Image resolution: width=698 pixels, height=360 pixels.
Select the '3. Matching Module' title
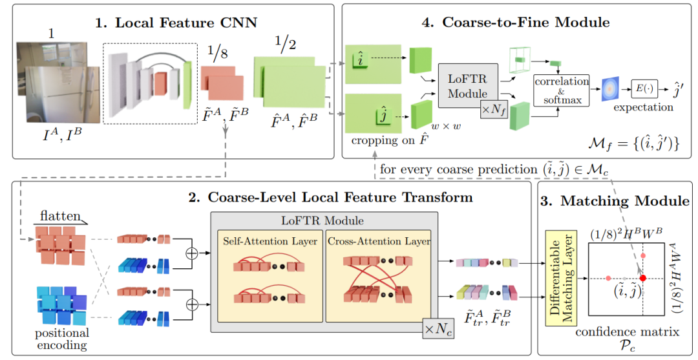tap(615, 201)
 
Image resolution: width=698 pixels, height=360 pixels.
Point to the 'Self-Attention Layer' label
tap(260, 241)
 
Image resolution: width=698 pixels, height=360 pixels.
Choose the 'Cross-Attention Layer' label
tap(377, 241)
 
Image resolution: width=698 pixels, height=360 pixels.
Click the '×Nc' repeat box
tap(436, 327)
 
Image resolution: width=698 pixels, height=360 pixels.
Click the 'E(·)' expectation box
tap(647, 87)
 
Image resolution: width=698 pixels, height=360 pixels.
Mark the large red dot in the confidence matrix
tap(642, 278)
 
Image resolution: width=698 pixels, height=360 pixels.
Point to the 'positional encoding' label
tap(61, 339)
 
